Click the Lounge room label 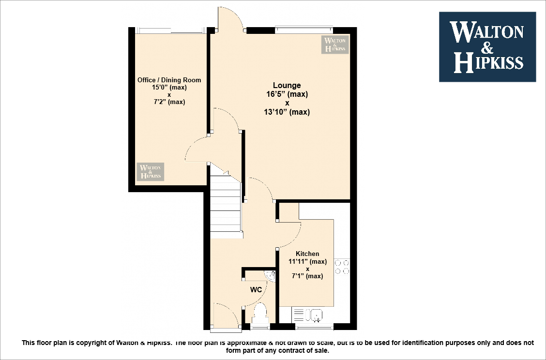pos(287,86)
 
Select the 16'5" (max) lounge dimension pos(287,94)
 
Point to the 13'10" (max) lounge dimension pos(287,112)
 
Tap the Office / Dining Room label pos(169,80)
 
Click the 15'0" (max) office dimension pos(169,88)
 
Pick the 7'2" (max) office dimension pos(169,102)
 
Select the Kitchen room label pos(307,254)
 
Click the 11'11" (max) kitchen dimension pos(307,262)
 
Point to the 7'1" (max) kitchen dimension pos(307,276)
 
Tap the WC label pos(256,290)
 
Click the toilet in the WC pos(260,314)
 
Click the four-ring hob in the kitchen pos(342,267)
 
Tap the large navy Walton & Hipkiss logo pos(487,47)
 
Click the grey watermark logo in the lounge pos(335,45)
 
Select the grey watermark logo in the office pos(150,171)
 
